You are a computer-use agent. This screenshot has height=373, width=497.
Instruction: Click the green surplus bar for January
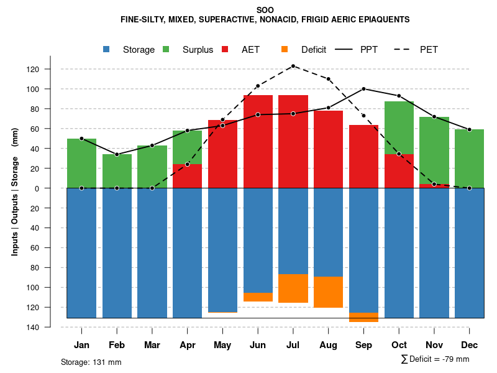(x=81, y=163)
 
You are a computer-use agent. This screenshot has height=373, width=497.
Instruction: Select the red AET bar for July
(x=293, y=142)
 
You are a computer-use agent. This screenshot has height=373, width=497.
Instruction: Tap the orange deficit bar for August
(x=329, y=292)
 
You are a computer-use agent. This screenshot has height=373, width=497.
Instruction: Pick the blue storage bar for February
(x=117, y=252)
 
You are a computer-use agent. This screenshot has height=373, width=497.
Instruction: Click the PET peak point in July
(x=293, y=66)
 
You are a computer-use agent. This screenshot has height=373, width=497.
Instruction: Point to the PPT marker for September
(x=363, y=89)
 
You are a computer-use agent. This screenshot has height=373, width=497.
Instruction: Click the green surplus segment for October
(x=399, y=127)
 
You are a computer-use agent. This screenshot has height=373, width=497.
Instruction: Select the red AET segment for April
(x=187, y=176)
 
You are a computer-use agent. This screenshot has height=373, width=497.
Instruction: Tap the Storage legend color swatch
(x=107, y=50)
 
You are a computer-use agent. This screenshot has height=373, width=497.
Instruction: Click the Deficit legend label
(x=314, y=50)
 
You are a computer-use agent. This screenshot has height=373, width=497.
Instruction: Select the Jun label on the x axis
(x=258, y=345)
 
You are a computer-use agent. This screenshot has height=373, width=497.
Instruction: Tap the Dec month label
(x=470, y=345)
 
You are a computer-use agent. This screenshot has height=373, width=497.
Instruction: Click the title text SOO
(x=265, y=9)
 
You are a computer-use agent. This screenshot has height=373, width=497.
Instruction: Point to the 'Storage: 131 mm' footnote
(x=91, y=362)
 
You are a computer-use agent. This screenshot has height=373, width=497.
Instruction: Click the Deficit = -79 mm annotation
(x=435, y=359)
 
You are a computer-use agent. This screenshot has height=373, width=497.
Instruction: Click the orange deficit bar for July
(x=293, y=288)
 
